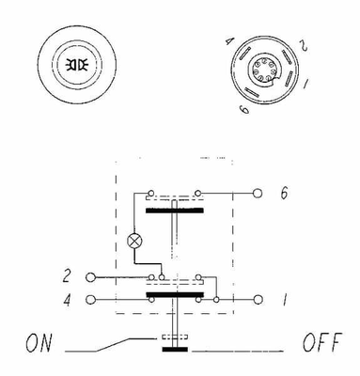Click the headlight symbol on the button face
[x=76, y=65]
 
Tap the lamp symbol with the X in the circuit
[x=134, y=242]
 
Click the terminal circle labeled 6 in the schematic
[x=258, y=193]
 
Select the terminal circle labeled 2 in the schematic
[x=90, y=277]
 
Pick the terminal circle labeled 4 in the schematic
[x=90, y=300]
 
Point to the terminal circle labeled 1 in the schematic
[x=258, y=300]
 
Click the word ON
[x=39, y=343]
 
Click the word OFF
[x=322, y=342]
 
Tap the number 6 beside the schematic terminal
[x=284, y=193]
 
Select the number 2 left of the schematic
[x=67, y=275]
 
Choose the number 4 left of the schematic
[x=67, y=300]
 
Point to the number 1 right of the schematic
[x=285, y=300]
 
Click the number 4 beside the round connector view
[x=230, y=41]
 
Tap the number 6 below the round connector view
[x=244, y=109]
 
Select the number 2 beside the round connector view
[x=303, y=45]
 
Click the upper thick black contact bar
[x=175, y=211]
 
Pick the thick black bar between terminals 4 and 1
[x=175, y=294]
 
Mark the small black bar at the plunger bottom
[x=175, y=349]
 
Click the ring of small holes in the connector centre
[x=265, y=70]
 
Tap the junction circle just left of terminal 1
[x=216, y=300]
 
